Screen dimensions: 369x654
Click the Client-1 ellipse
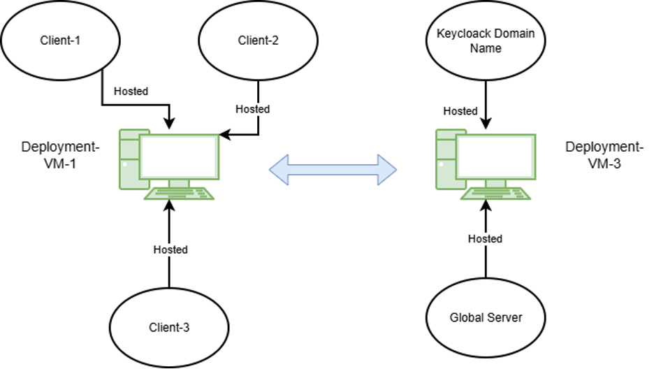(x=59, y=40)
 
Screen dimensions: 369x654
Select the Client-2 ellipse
(x=259, y=40)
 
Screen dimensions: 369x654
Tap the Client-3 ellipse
(x=169, y=326)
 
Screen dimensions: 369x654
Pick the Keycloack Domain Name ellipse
(x=485, y=40)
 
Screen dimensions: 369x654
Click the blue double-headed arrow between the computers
(x=333, y=168)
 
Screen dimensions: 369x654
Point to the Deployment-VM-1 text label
(x=60, y=154)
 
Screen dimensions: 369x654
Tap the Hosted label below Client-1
(x=131, y=92)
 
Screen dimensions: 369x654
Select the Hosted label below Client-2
(x=252, y=109)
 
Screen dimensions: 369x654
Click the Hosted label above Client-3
(x=170, y=249)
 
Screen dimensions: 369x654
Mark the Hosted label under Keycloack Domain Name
(x=460, y=110)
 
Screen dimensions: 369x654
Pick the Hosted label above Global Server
(x=485, y=239)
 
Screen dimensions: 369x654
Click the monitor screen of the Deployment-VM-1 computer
(x=179, y=156)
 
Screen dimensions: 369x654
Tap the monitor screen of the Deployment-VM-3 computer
(x=495, y=156)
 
